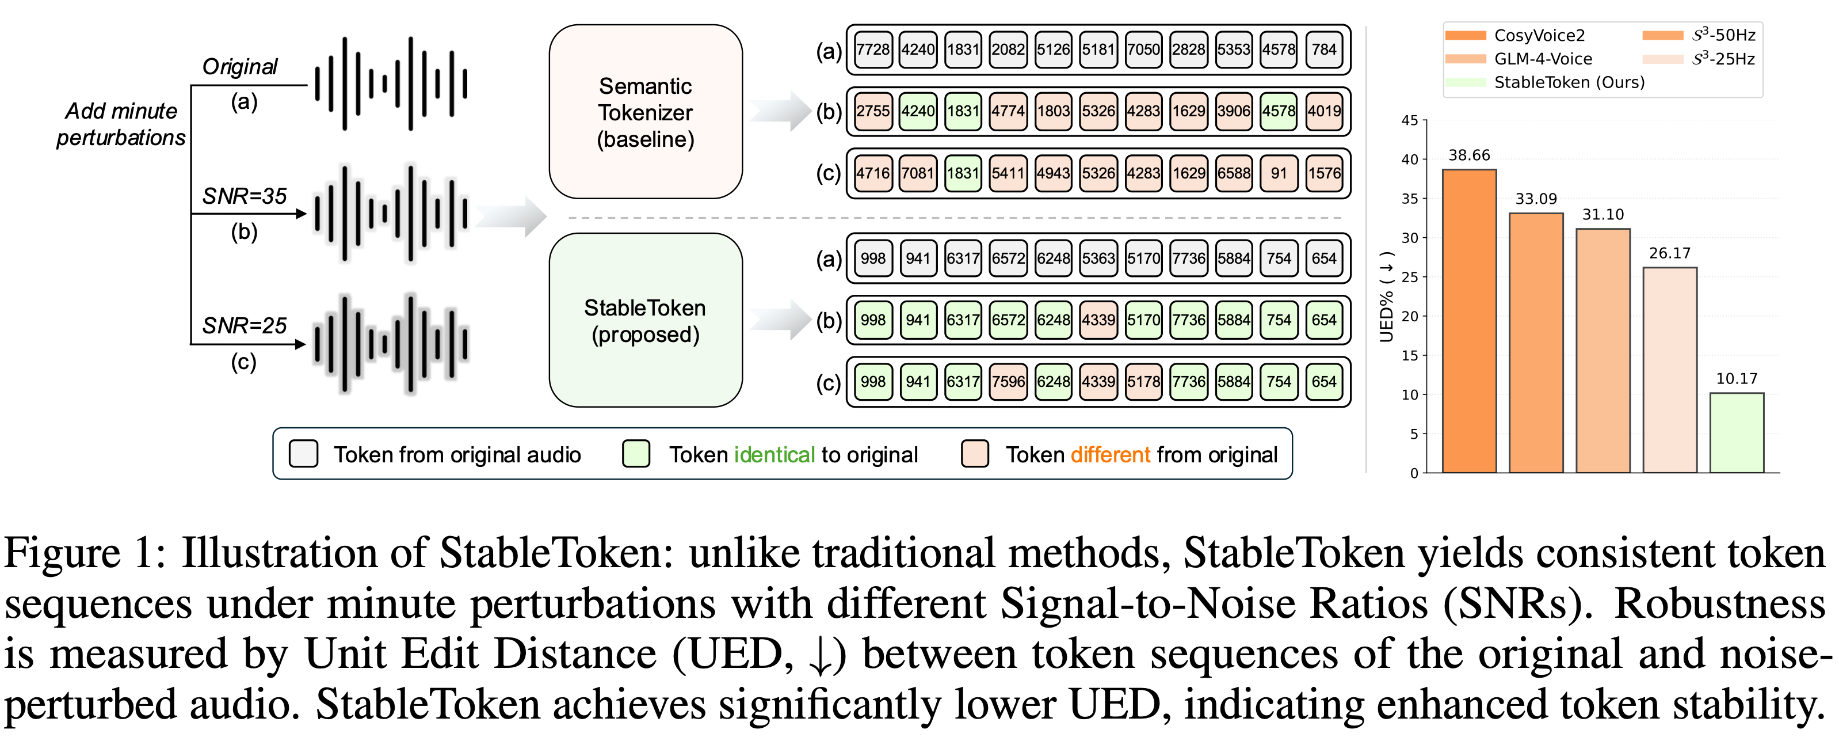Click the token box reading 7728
click(872, 50)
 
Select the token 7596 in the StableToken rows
click(1008, 381)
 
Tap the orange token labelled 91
click(1279, 173)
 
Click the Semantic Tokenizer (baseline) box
click(646, 112)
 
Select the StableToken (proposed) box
click(646, 321)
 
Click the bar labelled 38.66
click(1469, 321)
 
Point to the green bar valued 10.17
click(1736, 433)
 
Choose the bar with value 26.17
click(1670, 370)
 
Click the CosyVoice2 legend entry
click(1539, 36)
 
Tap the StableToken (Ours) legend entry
click(1569, 82)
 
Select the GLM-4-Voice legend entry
click(1542, 59)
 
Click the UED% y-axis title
click(1386, 297)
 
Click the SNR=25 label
click(244, 326)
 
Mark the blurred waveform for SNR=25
click(391, 344)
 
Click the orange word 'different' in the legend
click(1110, 455)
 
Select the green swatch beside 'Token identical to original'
click(636, 454)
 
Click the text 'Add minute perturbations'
click(121, 124)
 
